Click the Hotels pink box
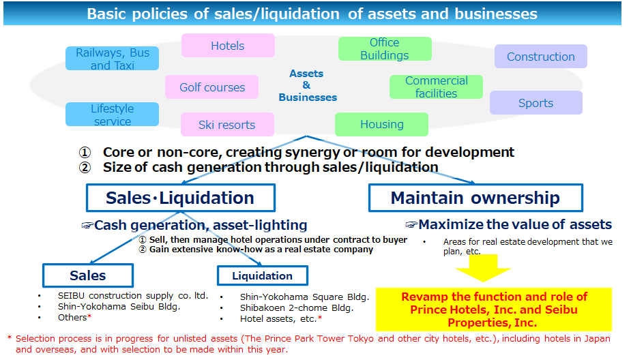pyautogui.click(x=228, y=46)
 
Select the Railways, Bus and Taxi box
pyautogui.click(x=113, y=59)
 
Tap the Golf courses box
pyautogui.click(x=211, y=87)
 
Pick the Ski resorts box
pyautogui.click(x=227, y=125)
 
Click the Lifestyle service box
pyautogui.click(x=113, y=115)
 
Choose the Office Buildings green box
pyautogui.click(x=385, y=48)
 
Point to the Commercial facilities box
pyautogui.click(x=436, y=87)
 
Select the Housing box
pyautogui.click(x=381, y=124)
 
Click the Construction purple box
pyautogui.click(x=540, y=57)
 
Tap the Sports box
pyautogui.click(x=536, y=102)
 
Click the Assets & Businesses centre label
pyautogui.click(x=308, y=85)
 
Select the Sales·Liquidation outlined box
pyautogui.click(x=181, y=198)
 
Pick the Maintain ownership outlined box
pyautogui.click(x=475, y=198)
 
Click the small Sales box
pyautogui.click(x=88, y=275)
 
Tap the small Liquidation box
pyautogui.click(x=263, y=275)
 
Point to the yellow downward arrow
pyautogui.click(x=483, y=268)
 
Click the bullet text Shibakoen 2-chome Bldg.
pyautogui.click(x=297, y=308)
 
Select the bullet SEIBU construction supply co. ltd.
pyautogui.click(x=133, y=296)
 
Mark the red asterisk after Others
pyautogui.click(x=90, y=316)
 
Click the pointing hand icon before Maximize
pyautogui.click(x=411, y=224)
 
